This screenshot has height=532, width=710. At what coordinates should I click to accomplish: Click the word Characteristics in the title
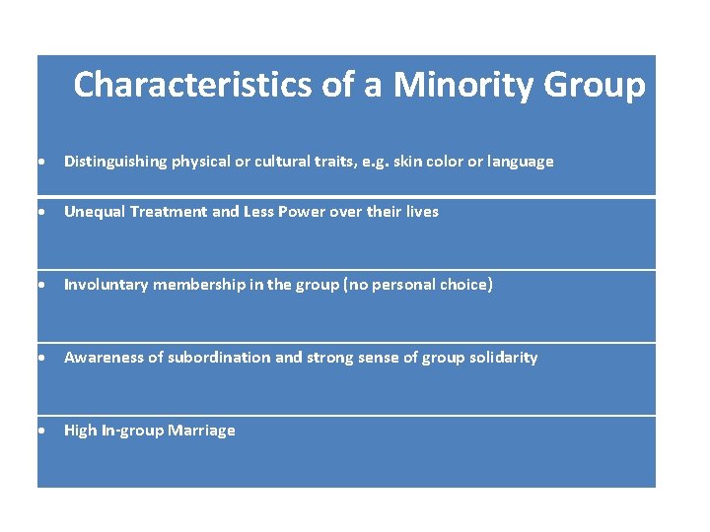tap(193, 85)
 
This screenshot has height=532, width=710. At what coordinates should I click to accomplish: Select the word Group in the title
tap(595, 85)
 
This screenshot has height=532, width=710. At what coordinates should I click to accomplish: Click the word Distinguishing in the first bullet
tap(111, 162)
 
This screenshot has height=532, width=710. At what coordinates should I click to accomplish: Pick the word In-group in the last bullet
tap(132, 431)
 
